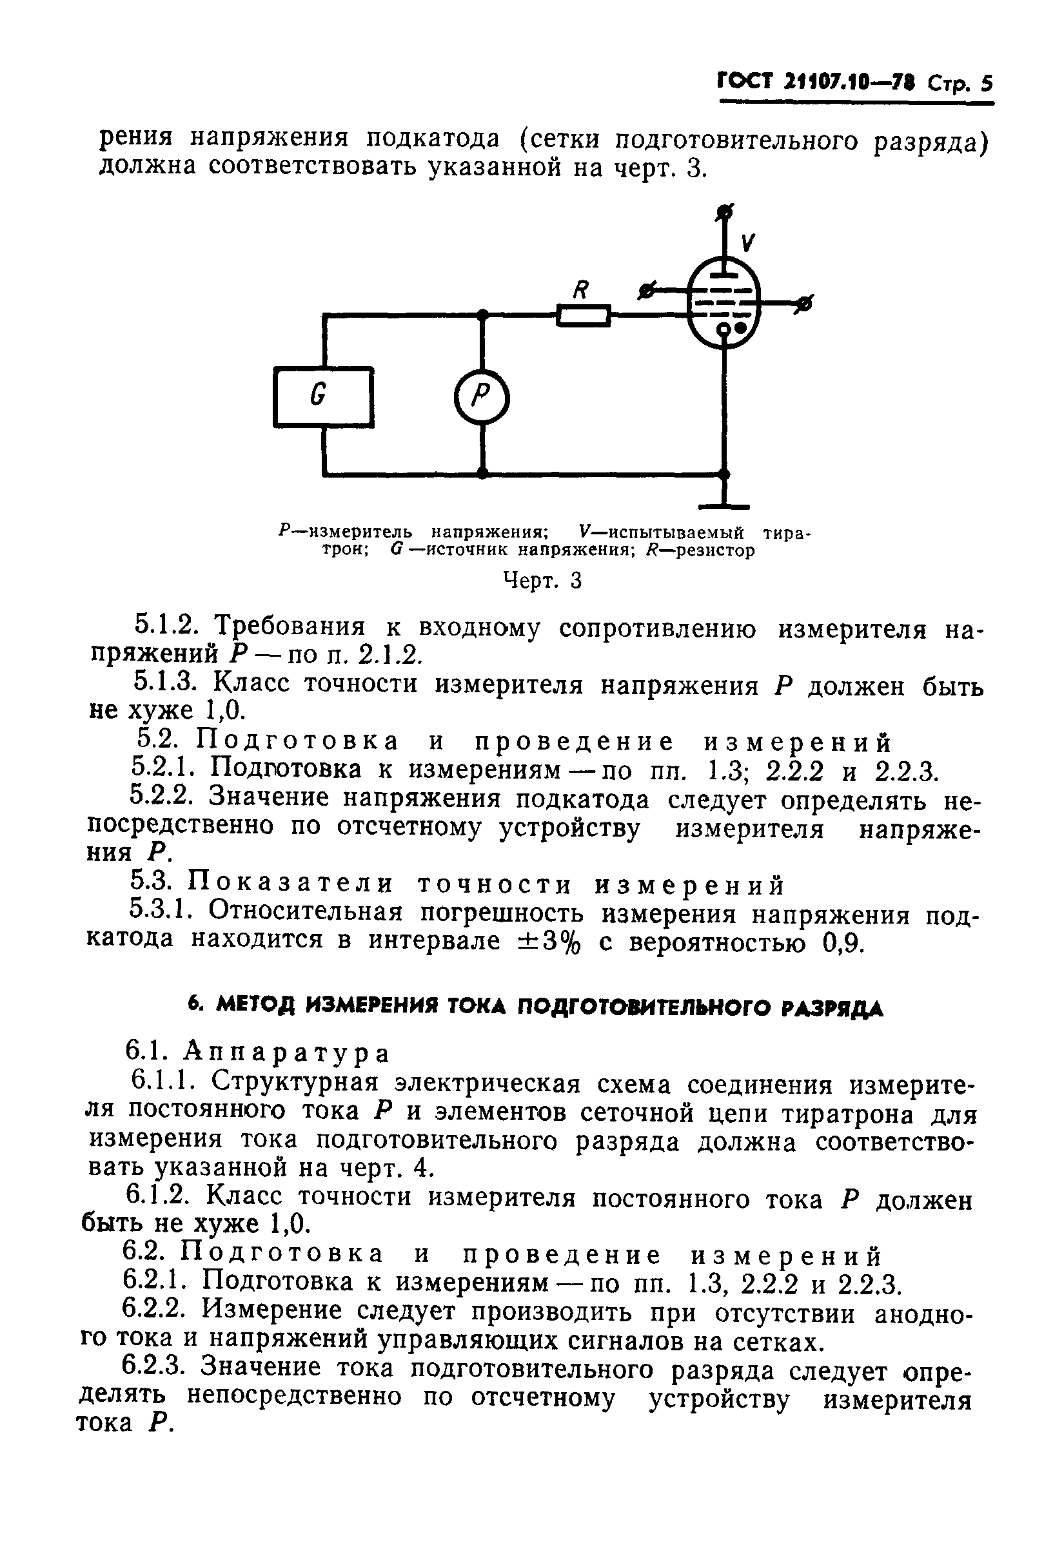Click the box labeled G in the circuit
click(x=323, y=396)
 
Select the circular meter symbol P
click(x=482, y=398)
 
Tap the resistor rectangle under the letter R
click(x=582, y=315)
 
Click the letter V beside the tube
click(x=747, y=243)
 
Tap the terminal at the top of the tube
click(x=725, y=213)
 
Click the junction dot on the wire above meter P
click(x=483, y=315)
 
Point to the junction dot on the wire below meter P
click(x=483, y=473)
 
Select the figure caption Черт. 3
click(x=542, y=581)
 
